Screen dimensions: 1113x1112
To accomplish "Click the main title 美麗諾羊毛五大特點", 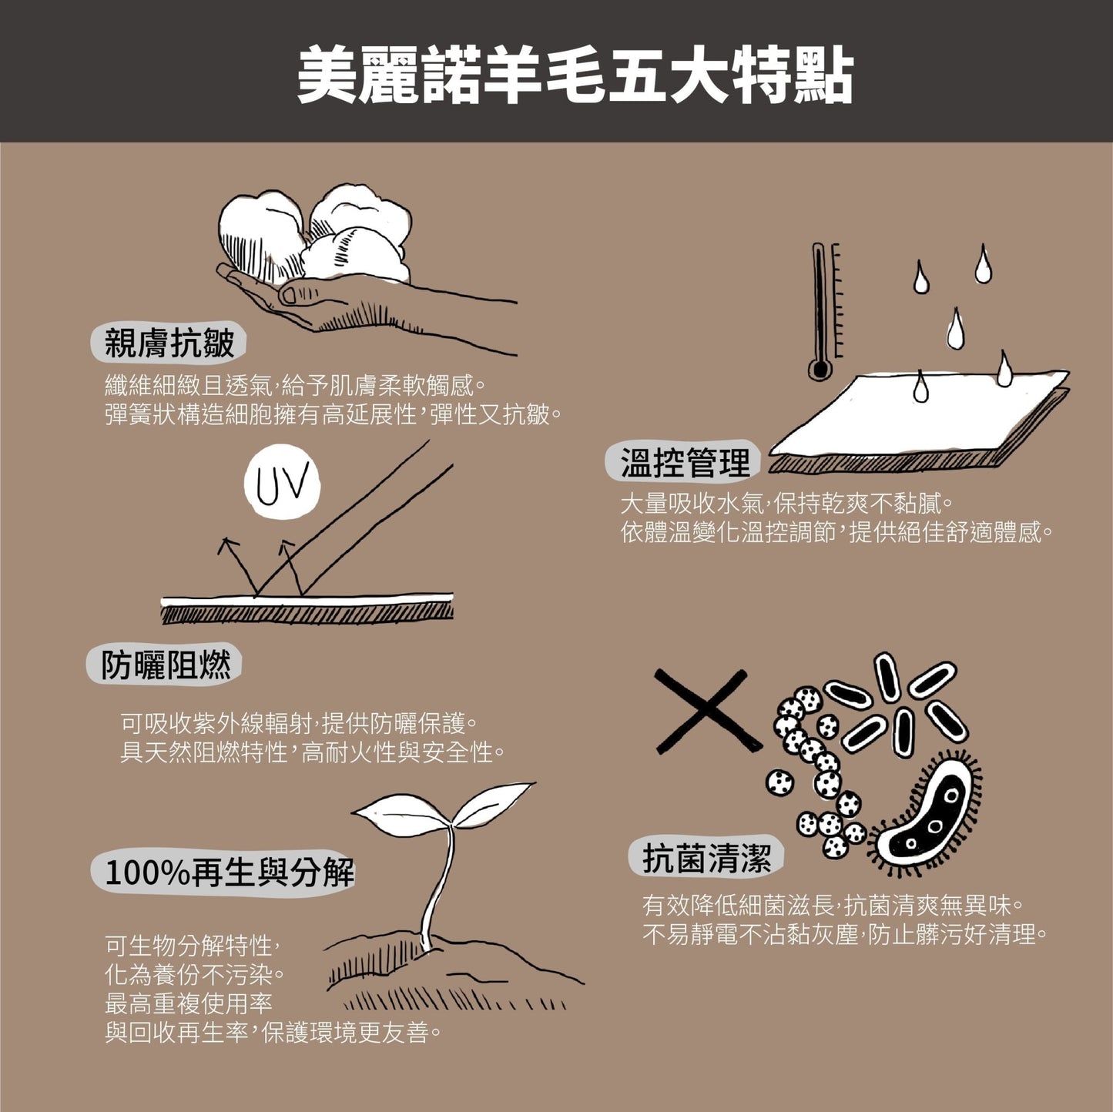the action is (575, 75).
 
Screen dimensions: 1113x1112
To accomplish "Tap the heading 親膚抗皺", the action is (169, 343).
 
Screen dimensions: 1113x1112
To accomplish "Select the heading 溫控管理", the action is (685, 463).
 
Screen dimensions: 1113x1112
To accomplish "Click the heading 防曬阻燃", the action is (166, 665).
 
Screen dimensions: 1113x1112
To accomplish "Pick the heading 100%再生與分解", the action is (230, 873).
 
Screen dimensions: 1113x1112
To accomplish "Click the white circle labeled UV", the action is (281, 482).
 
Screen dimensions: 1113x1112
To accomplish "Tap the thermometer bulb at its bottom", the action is (819, 369).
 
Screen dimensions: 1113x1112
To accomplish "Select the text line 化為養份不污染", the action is (193, 975).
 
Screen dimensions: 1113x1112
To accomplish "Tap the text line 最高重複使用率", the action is (188, 1004).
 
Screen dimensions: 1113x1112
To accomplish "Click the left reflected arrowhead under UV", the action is (227, 544).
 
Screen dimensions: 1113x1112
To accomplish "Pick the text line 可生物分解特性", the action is (193, 946).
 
